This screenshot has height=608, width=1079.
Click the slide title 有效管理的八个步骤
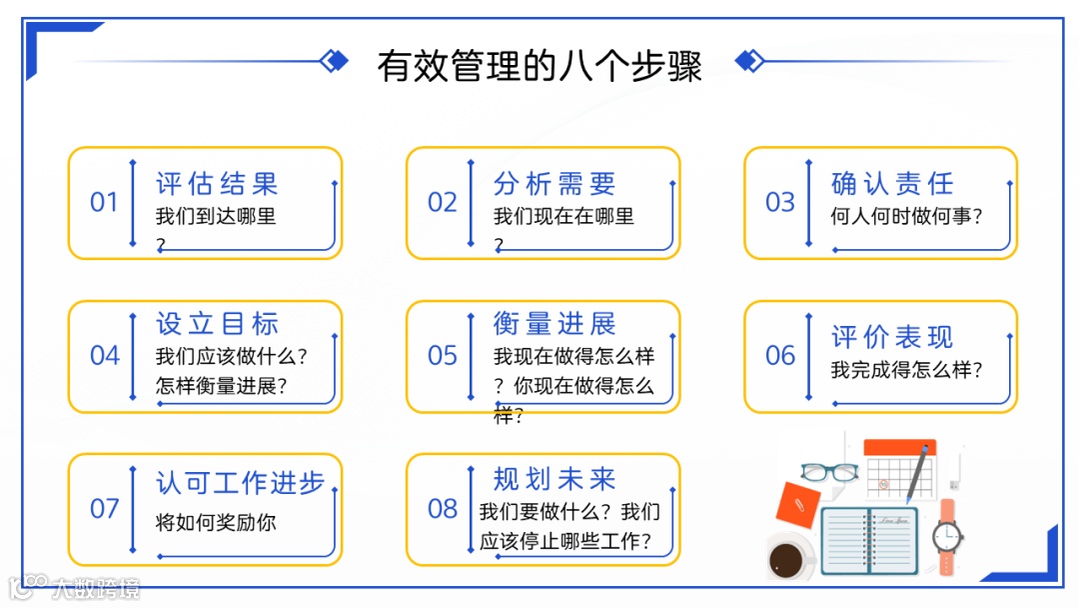pos(539,66)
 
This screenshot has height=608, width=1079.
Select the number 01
pos(104,203)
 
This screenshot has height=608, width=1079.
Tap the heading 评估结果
pos(217,184)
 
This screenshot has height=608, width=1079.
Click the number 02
pos(442,203)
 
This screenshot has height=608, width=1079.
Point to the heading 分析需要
pos(554,184)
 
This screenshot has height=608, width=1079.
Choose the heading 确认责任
pos(892,184)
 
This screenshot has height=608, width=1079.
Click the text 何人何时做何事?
pos(906,216)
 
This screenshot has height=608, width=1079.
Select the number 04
pos(104,356)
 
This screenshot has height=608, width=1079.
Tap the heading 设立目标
pos(217,324)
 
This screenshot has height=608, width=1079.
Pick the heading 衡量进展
pos(554,324)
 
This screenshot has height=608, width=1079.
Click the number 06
pos(780,356)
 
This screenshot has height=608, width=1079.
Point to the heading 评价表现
pos(892,337)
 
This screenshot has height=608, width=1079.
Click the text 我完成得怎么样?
pos(906,370)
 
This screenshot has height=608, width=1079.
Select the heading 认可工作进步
pos(241,483)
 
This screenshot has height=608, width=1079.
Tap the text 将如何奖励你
pos(216,522)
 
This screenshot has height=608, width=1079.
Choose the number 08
pos(442,509)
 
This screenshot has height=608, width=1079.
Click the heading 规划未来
pos(554,479)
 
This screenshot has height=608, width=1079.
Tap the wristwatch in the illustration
pos(946,536)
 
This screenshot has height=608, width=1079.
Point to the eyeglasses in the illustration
pos(829,471)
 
